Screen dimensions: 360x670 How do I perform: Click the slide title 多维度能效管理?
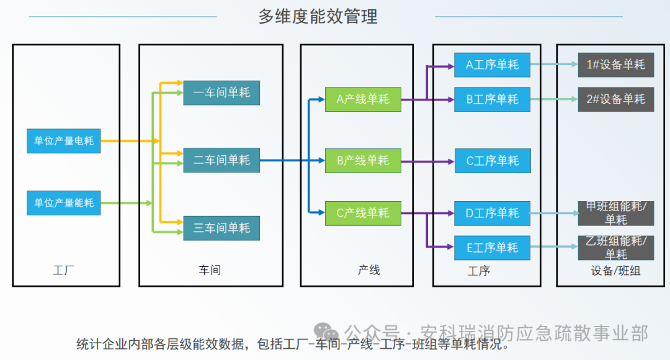point(318,16)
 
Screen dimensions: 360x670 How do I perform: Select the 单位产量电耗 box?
point(64,141)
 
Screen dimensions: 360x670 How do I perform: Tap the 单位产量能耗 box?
point(64,203)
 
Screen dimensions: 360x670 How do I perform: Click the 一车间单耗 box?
point(221,92)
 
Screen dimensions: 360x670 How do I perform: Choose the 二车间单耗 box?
point(221,160)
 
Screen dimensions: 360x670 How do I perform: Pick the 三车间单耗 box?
point(221,228)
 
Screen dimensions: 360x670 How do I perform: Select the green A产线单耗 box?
point(363,99)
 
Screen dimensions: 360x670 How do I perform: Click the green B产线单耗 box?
point(363,161)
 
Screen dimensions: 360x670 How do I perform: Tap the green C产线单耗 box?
point(363,214)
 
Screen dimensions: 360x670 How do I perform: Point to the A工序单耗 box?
point(492,65)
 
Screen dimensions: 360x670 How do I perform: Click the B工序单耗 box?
point(492,99)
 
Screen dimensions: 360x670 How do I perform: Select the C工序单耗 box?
point(492,161)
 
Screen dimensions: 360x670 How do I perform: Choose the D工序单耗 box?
point(492,214)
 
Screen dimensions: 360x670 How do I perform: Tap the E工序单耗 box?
point(492,248)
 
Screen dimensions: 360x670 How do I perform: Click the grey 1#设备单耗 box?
point(615,65)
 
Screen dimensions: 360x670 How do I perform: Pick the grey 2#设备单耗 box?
point(615,99)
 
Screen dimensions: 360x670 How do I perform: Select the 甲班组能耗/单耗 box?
point(615,214)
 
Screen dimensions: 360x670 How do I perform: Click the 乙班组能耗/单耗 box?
point(615,248)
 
